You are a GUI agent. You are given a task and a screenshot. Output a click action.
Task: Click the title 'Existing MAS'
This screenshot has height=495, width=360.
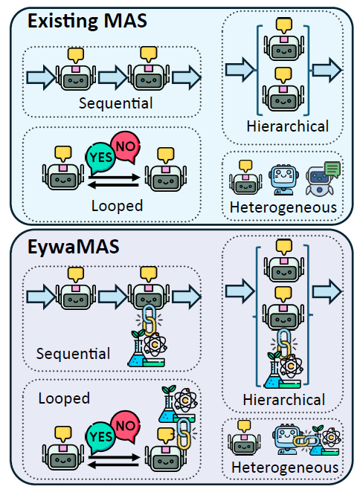pos(87,22)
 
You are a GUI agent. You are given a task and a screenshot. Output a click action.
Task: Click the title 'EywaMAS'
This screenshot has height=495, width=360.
pos(73,247)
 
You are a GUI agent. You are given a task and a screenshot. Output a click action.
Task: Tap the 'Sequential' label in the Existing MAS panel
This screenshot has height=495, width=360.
pos(115,103)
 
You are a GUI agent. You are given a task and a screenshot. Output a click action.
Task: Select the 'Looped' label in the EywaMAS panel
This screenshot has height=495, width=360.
pos(64,398)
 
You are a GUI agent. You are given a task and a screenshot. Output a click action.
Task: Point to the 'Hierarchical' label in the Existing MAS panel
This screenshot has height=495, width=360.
pos(287,126)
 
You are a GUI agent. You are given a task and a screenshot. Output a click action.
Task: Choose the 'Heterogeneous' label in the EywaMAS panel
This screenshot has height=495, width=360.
pos(285,467)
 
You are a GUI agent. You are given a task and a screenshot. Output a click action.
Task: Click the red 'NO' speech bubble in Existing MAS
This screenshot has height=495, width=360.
pos(126,147)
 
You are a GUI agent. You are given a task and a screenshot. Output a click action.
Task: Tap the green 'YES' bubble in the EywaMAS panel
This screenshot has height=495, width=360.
pos(100,437)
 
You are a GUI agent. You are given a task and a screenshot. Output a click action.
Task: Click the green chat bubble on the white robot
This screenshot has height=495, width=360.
pos(332,170)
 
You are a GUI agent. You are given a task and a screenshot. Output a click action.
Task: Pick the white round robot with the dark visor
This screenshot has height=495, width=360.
pos(320,180)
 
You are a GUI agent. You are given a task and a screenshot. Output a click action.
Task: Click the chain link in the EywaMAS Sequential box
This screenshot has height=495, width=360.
pos(150,320)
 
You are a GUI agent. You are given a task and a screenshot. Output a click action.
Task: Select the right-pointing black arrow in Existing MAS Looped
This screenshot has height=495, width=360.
pos(114,177)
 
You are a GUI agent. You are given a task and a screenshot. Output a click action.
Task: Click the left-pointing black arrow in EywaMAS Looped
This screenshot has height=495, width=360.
pos(113,465)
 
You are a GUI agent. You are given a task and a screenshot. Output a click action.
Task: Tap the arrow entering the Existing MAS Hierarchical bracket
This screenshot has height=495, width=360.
pos(240,70)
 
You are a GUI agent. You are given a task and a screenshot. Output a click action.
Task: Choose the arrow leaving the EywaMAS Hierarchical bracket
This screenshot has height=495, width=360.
pos(327,291)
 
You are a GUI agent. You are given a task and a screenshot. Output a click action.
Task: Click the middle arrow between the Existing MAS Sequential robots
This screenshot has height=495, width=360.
pos(113,77)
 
